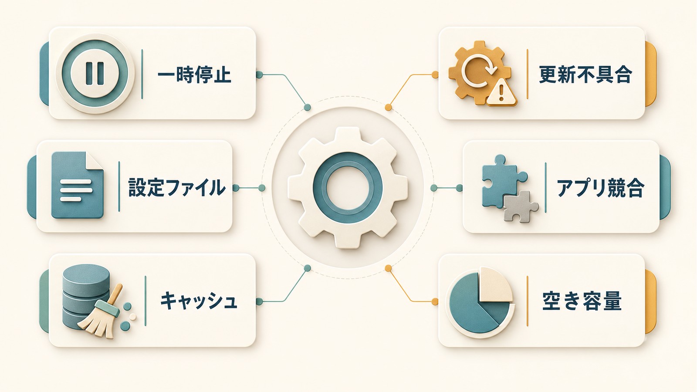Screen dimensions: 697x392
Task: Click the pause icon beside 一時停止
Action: click(x=95, y=74)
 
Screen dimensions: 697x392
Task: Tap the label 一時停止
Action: click(x=194, y=75)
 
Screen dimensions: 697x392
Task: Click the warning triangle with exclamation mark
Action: click(x=501, y=92)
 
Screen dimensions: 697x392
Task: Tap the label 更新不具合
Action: click(x=585, y=75)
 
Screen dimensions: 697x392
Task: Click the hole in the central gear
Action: click(x=348, y=188)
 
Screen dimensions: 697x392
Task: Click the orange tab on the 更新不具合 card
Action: click(x=651, y=74)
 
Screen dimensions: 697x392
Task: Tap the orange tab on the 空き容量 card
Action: click(x=651, y=301)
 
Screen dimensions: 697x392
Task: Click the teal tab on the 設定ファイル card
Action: click(x=32, y=187)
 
